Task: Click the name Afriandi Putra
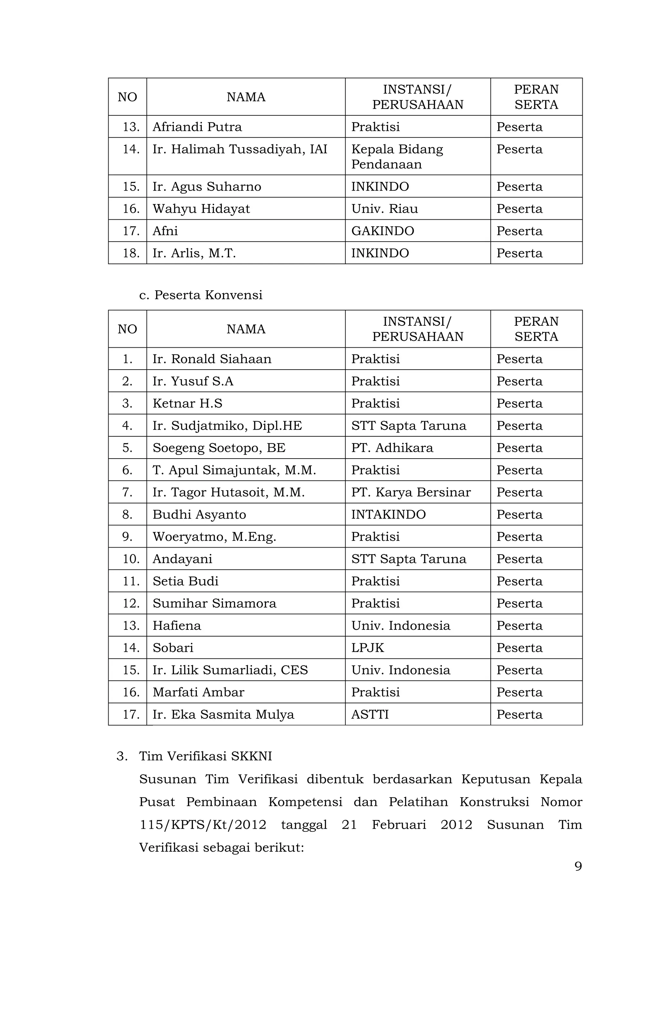(197, 127)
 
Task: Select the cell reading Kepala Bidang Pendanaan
(397, 157)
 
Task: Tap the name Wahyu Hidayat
(201, 209)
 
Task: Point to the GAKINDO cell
(383, 231)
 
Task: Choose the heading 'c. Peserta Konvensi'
(201, 295)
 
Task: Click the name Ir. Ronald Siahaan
(212, 359)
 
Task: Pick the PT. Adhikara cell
(392, 448)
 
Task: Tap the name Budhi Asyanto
(199, 514)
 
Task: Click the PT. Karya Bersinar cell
(411, 492)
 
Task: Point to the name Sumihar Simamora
(214, 603)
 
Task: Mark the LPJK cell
(367, 648)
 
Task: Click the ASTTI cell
(370, 714)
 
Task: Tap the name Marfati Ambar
(199, 692)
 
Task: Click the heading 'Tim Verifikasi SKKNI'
(206, 756)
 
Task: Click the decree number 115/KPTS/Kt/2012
(203, 825)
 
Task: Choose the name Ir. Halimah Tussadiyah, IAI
(240, 149)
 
